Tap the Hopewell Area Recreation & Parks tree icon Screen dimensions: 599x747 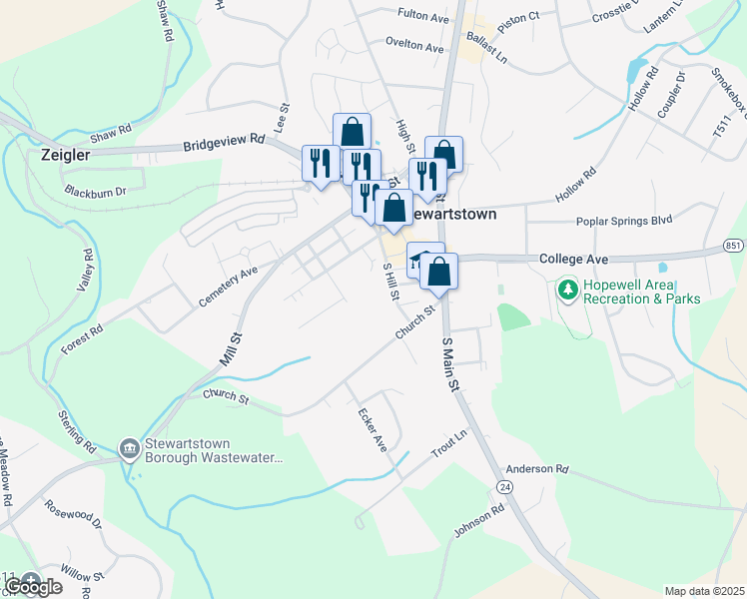pos(568,290)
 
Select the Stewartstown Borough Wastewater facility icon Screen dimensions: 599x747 pos(129,450)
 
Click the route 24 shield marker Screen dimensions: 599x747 pos(505,486)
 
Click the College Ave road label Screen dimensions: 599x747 pos(573,258)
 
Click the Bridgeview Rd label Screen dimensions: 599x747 pos(223,145)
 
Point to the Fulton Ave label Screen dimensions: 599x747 pos(422,16)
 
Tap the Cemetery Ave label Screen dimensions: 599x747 pos(228,286)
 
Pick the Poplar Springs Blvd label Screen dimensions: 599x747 pos(624,221)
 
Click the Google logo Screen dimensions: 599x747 pos(33,586)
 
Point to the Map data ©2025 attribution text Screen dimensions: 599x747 pos(704,591)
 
